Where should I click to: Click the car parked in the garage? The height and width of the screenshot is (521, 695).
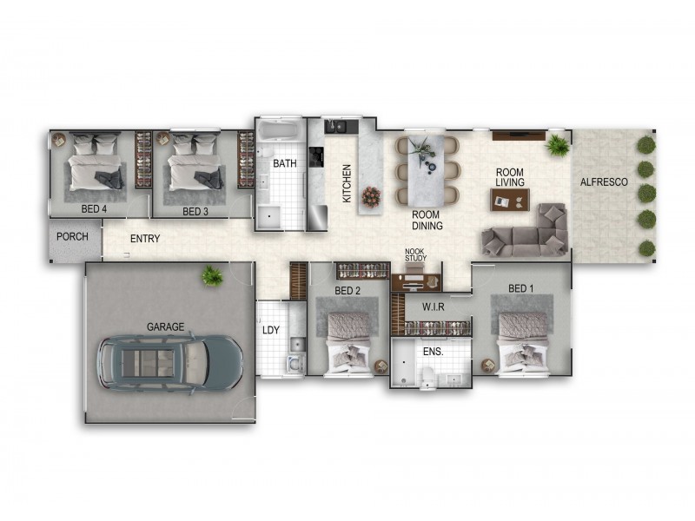(169, 362)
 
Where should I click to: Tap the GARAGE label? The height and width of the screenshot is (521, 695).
(165, 326)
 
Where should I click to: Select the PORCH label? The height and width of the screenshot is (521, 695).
(73, 237)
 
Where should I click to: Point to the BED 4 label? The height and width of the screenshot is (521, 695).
(95, 209)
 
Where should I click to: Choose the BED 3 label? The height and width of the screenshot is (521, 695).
(195, 211)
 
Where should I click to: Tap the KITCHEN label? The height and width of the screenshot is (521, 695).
(347, 183)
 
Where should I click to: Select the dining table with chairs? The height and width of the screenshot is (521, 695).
(427, 170)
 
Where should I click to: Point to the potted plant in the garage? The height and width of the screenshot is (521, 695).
(210, 276)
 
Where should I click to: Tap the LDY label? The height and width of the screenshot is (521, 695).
(270, 330)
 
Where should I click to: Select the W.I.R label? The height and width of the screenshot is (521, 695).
(434, 307)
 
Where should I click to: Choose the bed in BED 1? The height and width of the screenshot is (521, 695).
(521, 340)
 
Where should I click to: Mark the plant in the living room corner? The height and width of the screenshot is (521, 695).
(558, 144)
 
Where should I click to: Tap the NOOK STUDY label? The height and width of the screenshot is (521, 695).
(414, 254)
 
